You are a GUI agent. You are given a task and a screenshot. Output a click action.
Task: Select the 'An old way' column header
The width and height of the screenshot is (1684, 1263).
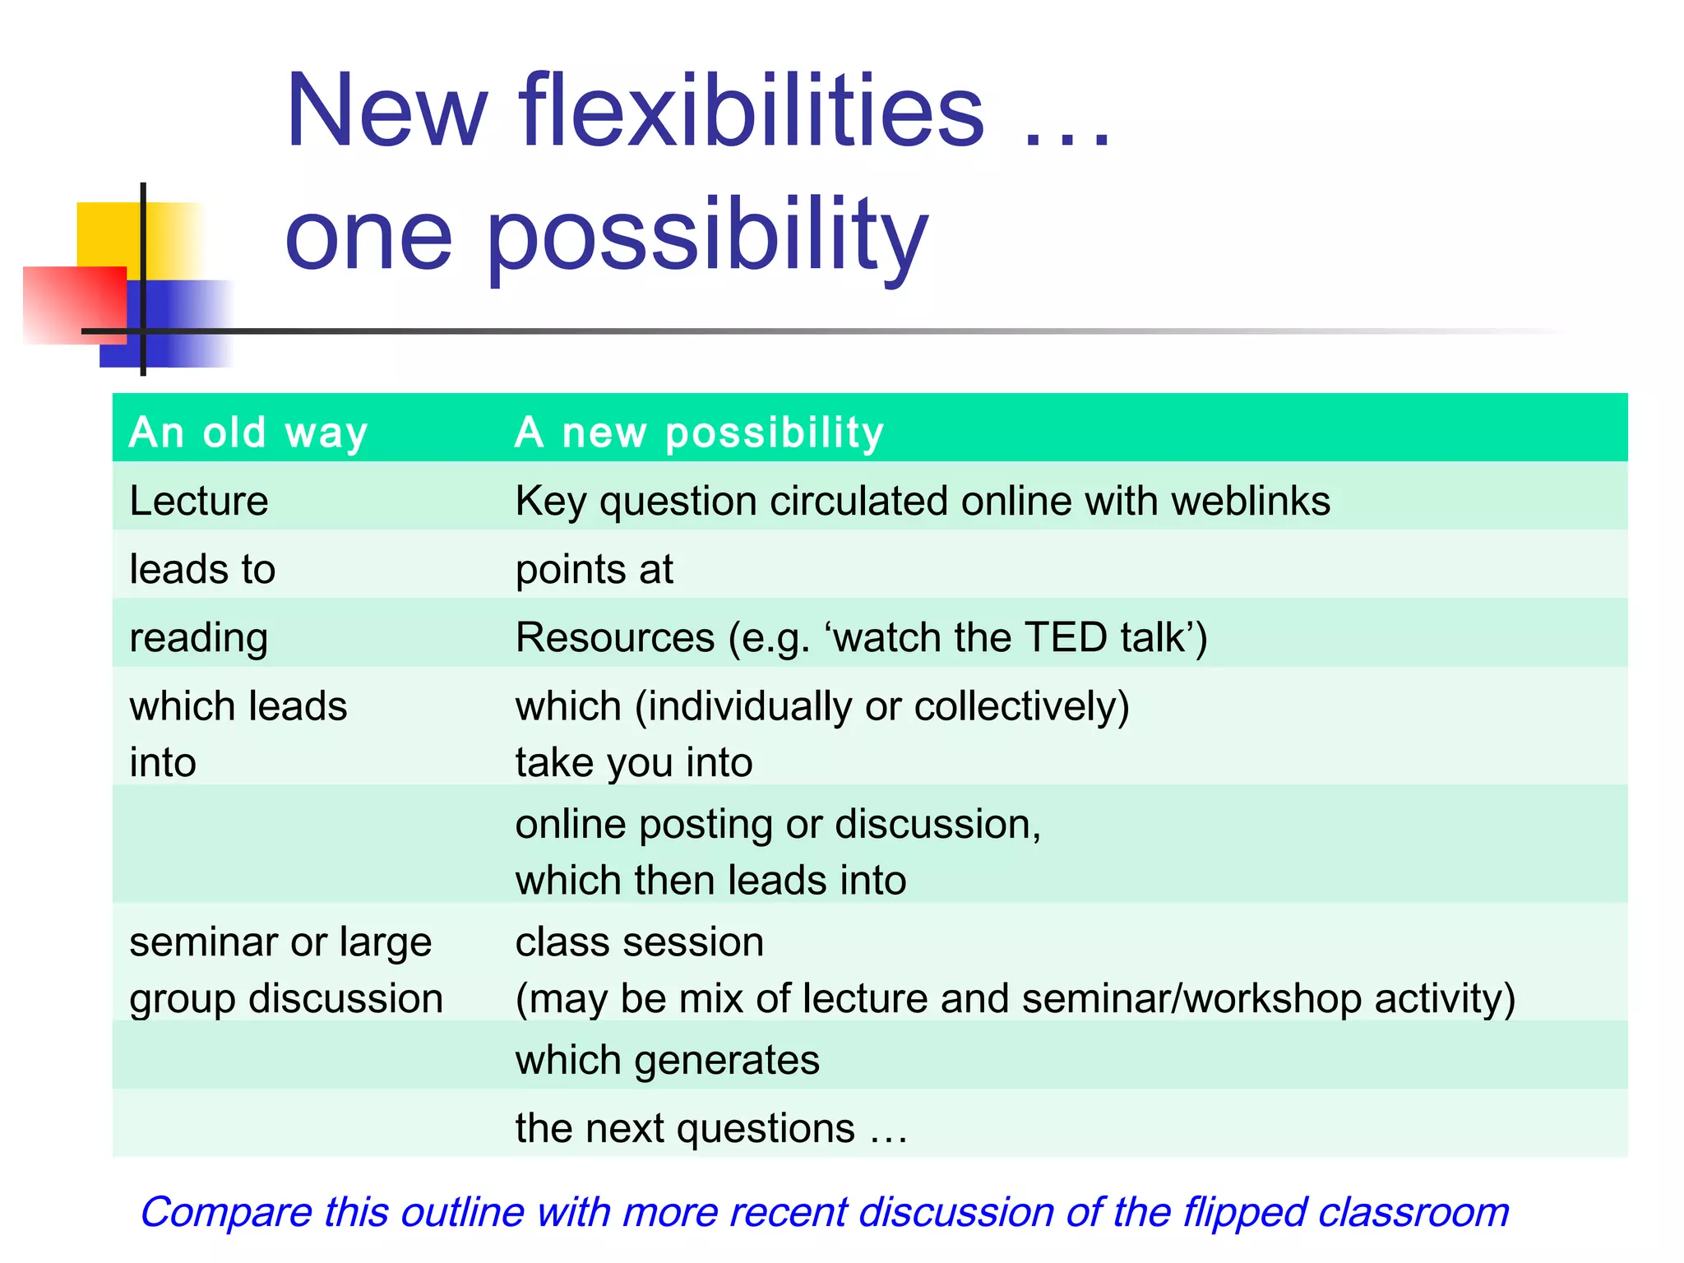click(248, 432)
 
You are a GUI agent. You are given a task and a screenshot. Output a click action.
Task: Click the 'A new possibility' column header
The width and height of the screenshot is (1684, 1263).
click(699, 432)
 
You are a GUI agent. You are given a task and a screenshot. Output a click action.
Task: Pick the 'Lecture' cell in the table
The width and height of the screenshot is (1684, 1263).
click(199, 501)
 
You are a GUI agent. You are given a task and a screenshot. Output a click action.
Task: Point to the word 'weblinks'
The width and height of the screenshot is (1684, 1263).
click(1251, 501)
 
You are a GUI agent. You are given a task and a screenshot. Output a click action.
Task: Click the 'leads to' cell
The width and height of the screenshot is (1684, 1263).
click(202, 569)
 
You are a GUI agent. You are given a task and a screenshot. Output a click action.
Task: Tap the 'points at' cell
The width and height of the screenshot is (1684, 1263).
click(594, 569)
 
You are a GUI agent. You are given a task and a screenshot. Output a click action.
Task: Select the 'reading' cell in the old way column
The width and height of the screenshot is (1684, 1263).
click(199, 638)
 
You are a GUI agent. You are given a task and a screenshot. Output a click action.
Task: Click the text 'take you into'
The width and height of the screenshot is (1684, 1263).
click(633, 762)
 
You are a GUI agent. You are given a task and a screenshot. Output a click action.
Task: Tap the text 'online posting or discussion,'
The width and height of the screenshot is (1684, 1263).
click(778, 824)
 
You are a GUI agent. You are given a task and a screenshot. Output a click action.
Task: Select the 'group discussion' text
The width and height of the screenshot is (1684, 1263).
click(286, 998)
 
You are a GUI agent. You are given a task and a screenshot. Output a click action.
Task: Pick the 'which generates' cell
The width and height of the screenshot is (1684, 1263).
click(667, 1059)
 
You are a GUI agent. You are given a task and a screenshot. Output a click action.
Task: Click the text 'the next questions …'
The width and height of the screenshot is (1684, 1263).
click(711, 1128)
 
